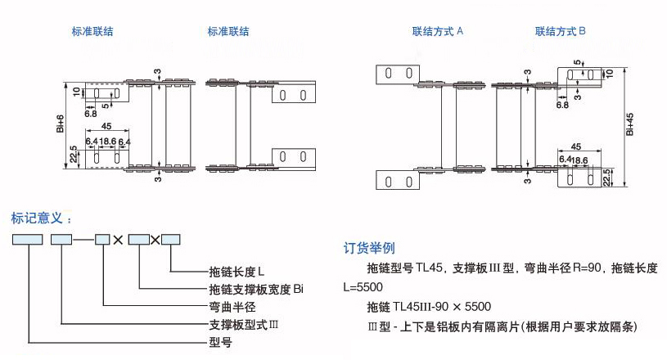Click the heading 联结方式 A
point(438,32)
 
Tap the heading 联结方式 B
point(561,32)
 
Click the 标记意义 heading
point(41,218)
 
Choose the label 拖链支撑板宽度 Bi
point(256,289)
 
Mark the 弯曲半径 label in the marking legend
point(233,307)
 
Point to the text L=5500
point(363,287)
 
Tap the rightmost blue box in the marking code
point(170,240)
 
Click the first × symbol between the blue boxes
point(118,240)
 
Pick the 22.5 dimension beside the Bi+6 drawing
point(74,154)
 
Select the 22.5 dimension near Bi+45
point(606,177)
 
